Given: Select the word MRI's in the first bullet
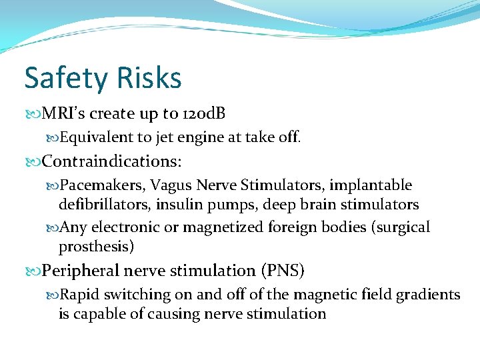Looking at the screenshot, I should (65, 114).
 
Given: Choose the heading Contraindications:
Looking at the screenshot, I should (111, 161).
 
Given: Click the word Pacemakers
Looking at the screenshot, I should (103, 185).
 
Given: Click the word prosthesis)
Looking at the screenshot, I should (97, 247).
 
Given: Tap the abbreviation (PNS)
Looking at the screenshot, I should (283, 271).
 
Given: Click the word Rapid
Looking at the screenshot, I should (79, 295).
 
